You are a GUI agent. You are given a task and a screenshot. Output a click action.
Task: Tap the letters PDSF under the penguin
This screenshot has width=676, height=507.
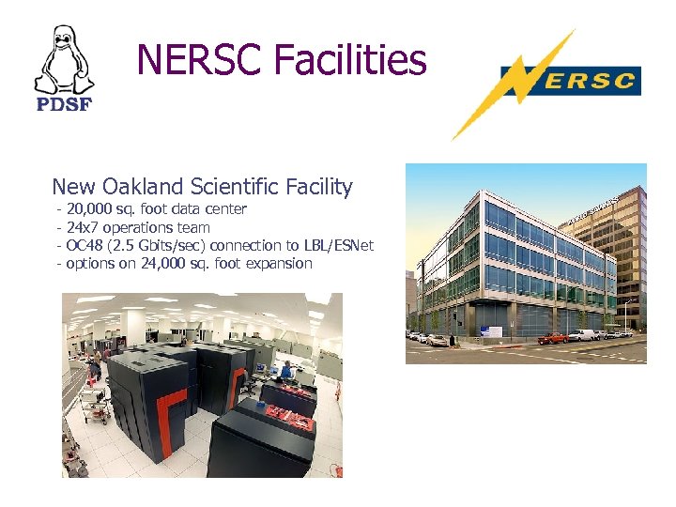[64, 104]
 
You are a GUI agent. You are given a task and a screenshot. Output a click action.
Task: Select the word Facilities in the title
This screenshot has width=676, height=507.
[349, 61]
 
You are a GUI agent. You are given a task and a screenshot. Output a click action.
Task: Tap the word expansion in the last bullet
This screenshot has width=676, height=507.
[279, 264]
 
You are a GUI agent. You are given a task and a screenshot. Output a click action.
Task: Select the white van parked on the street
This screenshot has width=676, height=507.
[582, 334]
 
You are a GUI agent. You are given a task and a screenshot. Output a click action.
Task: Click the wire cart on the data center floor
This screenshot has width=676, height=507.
[93, 402]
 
